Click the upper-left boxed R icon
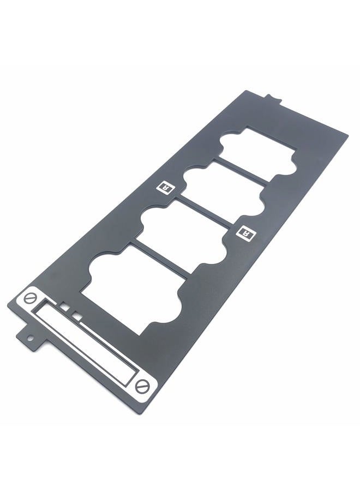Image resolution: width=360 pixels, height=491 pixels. [165, 187]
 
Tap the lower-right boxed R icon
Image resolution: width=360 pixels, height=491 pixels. [246, 233]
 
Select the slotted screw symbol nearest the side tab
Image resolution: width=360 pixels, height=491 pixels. [31, 298]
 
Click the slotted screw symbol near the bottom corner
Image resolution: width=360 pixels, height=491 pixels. [142, 386]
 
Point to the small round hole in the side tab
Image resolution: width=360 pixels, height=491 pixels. [30, 338]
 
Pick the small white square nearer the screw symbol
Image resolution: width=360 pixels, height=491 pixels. [65, 307]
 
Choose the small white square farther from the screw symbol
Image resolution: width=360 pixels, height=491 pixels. [77, 316]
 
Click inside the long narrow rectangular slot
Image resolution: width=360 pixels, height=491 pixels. [86, 343]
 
